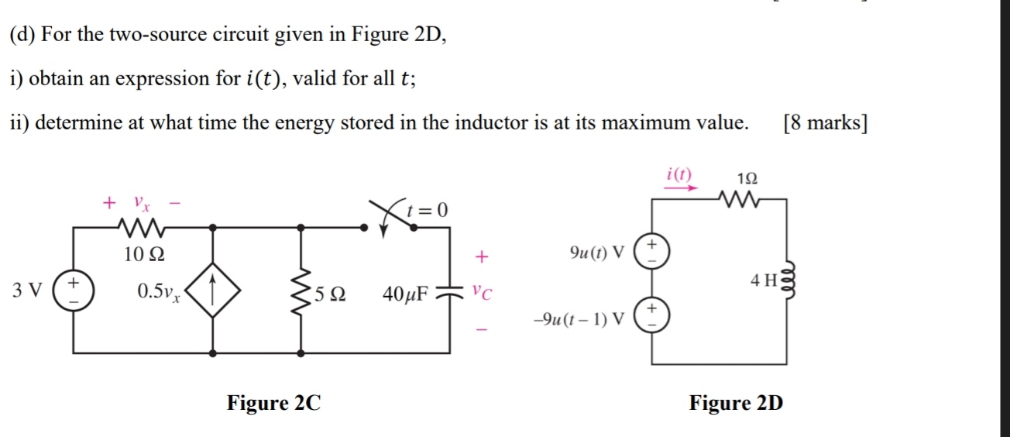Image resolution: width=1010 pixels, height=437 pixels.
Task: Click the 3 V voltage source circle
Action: (x=74, y=291)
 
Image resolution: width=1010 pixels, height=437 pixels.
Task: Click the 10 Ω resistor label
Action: (x=144, y=253)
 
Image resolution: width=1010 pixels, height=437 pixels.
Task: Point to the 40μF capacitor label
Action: (x=406, y=293)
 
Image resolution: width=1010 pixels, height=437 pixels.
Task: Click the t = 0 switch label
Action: (x=428, y=210)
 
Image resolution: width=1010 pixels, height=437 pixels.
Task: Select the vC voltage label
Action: (x=482, y=292)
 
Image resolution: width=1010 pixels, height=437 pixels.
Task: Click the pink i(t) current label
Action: (x=680, y=173)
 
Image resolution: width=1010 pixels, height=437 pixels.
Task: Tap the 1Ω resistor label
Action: (x=747, y=177)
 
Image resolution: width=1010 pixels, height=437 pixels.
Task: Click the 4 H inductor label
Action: (x=764, y=280)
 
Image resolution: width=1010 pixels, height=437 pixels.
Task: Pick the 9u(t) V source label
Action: (x=596, y=253)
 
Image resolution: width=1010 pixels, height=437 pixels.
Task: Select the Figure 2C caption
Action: (x=273, y=403)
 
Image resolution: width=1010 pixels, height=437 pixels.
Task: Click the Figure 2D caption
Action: (x=736, y=403)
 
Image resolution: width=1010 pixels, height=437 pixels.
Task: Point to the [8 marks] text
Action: (x=825, y=123)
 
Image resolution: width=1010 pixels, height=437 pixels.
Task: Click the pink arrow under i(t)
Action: (x=681, y=187)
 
